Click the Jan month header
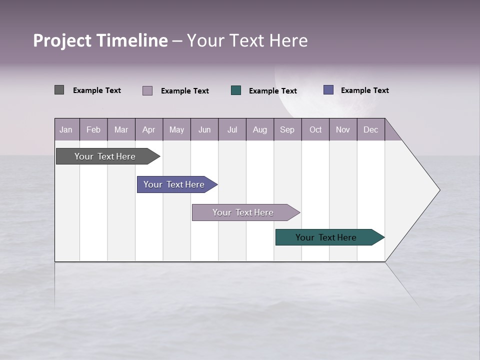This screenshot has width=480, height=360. pyautogui.click(x=66, y=129)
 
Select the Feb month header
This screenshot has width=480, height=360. pyautogui.click(x=93, y=129)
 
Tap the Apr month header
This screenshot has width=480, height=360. pyautogui.click(x=148, y=129)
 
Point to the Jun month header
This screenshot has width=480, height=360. pyautogui.click(x=204, y=129)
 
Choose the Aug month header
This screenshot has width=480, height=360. pyautogui.click(x=259, y=129)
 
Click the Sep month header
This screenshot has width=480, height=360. pyautogui.click(x=287, y=129)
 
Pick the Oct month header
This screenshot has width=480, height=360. pyautogui.click(x=315, y=129)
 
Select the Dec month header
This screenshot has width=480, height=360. pyautogui.click(x=370, y=129)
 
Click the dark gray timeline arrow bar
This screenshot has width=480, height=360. pyautogui.click(x=105, y=156)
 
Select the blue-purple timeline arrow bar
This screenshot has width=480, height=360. pyautogui.click(x=174, y=184)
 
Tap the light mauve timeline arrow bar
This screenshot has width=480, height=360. pyautogui.click(x=243, y=212)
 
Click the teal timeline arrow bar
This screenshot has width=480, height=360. pyautogui.click(x=326, y=237)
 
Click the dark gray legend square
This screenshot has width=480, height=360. pyautogui.click(x=59, y=90)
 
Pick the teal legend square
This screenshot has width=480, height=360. pyautogui.click(x=236, y=90)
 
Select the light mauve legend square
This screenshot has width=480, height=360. pyautogui.click(x=147, y=90)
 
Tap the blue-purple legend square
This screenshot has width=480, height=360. pyautogui.click(x=328, y=90)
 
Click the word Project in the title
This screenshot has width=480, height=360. pyautogui.click(x=62, y=40)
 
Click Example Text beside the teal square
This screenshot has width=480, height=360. pyautogui.click(x=272, y=91)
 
